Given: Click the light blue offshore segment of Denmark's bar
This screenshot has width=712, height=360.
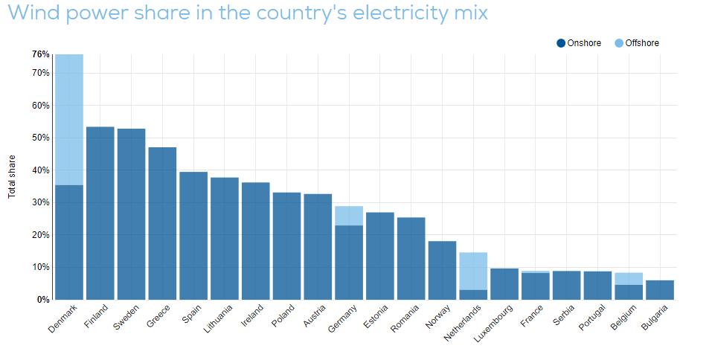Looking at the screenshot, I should [69, 119].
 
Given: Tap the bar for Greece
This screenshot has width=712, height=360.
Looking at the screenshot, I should [162, 223].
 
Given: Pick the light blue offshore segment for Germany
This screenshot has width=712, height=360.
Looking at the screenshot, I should [348, 216].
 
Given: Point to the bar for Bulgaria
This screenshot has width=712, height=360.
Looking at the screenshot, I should [659, 290].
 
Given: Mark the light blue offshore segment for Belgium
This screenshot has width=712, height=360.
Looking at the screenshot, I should [628, 279].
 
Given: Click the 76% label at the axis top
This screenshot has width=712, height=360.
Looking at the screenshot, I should [40, 54].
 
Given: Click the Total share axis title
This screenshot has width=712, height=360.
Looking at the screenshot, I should [12, 176].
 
